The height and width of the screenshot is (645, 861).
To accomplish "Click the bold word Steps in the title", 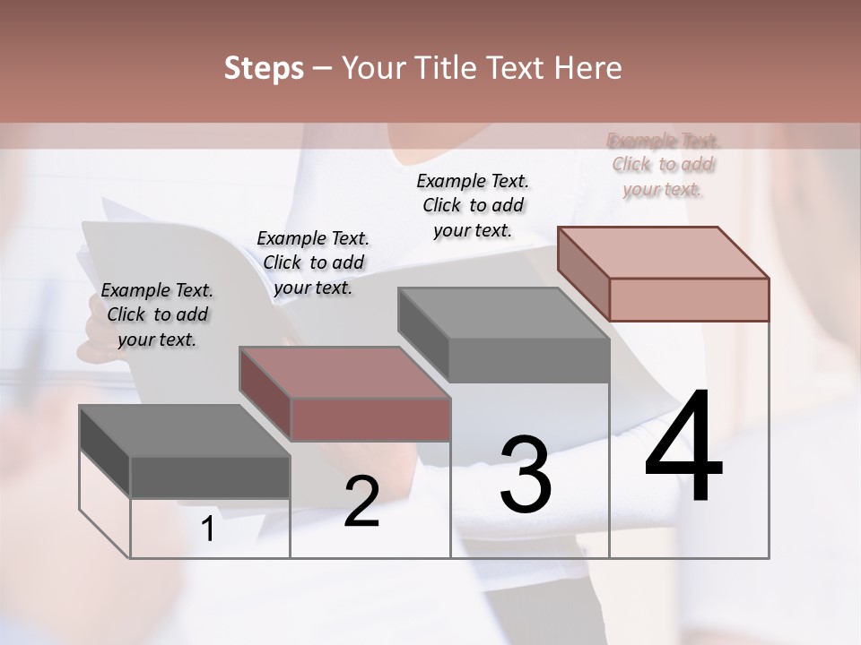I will (264, 69).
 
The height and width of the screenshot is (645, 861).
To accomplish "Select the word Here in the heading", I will (587, 68).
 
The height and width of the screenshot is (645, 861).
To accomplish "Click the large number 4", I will (683, 447).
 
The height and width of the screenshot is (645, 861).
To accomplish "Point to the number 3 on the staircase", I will (526, 475).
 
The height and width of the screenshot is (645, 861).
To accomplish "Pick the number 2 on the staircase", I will (361, 503).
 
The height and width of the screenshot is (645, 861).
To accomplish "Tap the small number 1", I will (208, 529).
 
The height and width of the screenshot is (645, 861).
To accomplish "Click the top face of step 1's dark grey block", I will (184, 431).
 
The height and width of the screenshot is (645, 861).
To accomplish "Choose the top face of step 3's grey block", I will (503, 314).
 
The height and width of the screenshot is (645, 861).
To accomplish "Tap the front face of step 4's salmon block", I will (689, 299).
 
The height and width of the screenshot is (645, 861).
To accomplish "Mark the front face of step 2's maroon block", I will (370, 419).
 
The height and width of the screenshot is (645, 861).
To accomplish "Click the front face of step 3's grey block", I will (529, 360).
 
